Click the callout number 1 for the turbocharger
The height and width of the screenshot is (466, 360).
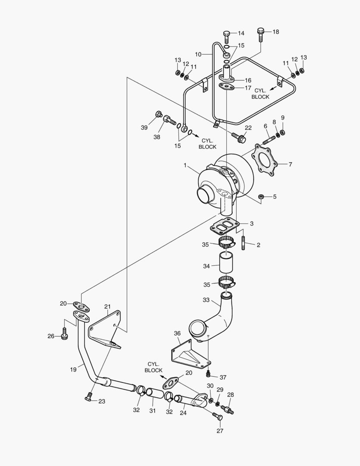pyautogui.click(x=185, y=165)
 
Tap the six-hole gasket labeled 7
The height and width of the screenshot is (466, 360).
pyautogui.click(x=263, y=162)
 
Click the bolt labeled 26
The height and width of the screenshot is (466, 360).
pyautogui.click(x=65, y=333)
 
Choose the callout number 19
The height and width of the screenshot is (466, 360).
pyautogui.click(x=73, y=369)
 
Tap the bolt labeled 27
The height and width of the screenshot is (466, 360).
pyautogui.click(x=218, y=416)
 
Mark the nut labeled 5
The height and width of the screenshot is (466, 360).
pyautogui.click(x=261, y=197)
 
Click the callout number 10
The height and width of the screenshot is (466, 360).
pyautogui.click(x=198, y=54)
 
